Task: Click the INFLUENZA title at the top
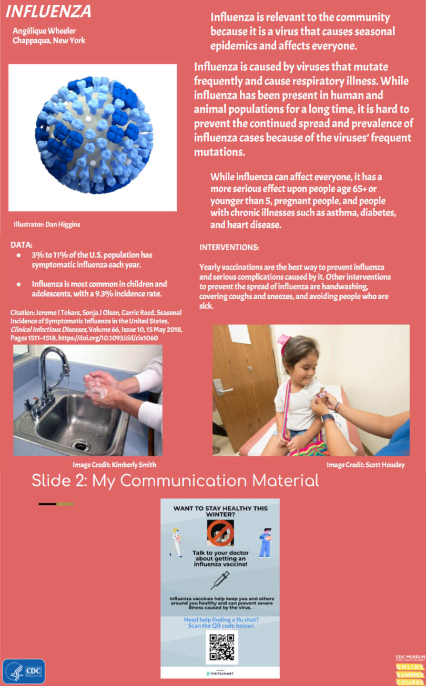48,12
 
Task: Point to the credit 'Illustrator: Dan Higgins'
47,224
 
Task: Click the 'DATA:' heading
22,245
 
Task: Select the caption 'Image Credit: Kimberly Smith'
114,465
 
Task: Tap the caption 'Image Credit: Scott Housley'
365,465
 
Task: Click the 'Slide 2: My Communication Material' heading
175,480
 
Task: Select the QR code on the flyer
221,647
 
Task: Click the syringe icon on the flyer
219,580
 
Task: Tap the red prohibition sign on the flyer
220,533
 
